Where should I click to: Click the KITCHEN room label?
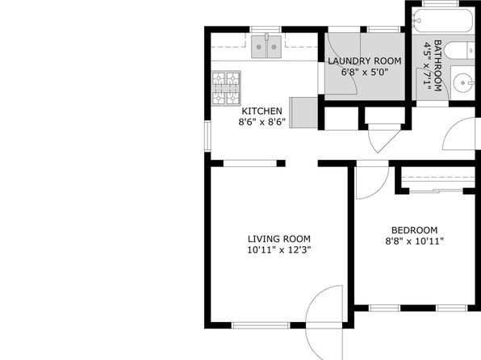click(x=261, y=111)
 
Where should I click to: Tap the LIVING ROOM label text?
click(x=279, y=239)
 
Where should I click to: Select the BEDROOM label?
click(x=415, y=230)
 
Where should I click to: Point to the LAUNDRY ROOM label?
click(x=365, y=61)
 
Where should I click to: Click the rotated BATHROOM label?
click(x=437, y=65)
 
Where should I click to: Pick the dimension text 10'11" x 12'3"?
click(x=279, y=250)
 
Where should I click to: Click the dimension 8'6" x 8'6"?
click(x=262, y=122)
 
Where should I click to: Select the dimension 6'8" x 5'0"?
click(x=365, y=73)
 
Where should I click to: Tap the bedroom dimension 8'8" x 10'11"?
click(x=415, y=241)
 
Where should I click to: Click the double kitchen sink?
click(x=266, y=47)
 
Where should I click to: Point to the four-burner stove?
click(x=226, y=89)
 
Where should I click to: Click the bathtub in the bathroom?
click(x=443, y=20)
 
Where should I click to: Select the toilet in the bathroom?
click(x=459, y=51)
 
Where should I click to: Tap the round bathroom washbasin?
click(x=463, y=82)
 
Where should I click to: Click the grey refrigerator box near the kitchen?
click(x=303, y=113)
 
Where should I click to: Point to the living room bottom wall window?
click(x=261, y=325)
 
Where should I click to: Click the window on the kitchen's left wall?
click(x=207, y=136)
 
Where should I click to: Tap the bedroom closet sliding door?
click(x=436, y=190)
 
